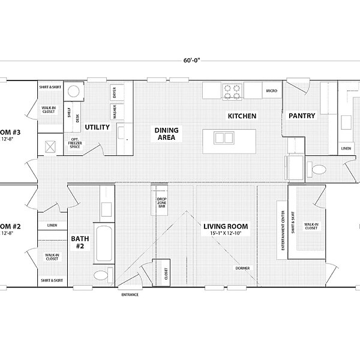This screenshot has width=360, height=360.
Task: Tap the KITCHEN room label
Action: tap(242, 115)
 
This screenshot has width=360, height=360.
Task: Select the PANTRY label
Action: tap(302, 116)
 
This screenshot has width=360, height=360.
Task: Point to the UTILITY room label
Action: tap(97, 127)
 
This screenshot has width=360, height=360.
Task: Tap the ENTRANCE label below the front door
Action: tap(130, 295)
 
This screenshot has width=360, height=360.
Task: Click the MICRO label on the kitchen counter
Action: tap(271, 91)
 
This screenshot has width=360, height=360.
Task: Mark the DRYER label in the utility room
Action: tap(114, 93)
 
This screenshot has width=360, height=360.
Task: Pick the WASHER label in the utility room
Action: tap(114, 111)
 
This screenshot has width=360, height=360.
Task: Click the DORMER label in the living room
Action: tap(242, 268)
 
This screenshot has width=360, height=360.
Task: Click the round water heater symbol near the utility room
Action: tap(74, 92)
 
